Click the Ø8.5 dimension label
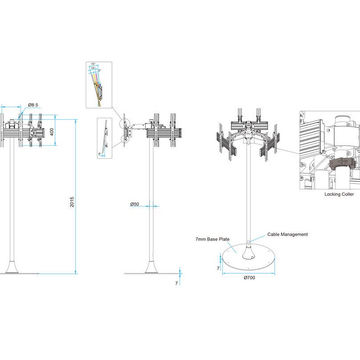click(33, 105)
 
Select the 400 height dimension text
click(52, 132)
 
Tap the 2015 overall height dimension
click(72, 202)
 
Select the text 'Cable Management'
click(287, 234)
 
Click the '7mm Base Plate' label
click(212, 239)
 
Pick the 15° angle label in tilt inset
click(93, 64)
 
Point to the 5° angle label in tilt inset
click(100, 71)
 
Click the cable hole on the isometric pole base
click(249, 242)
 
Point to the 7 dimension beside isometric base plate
click(218, 268)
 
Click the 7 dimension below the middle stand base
click(176, 283)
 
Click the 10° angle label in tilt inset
click(93, 68)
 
